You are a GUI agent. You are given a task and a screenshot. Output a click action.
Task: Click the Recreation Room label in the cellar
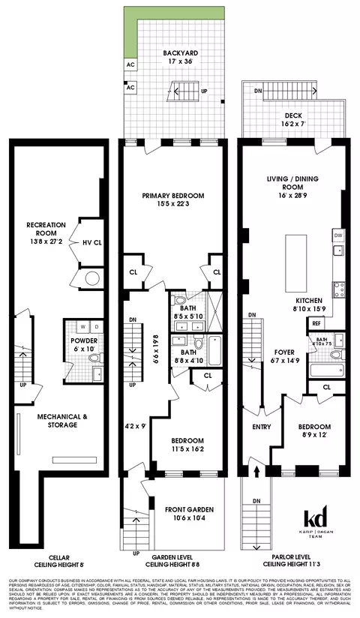click(x=46, y=229)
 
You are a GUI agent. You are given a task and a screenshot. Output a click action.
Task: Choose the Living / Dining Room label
click(x=289, y=184)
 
